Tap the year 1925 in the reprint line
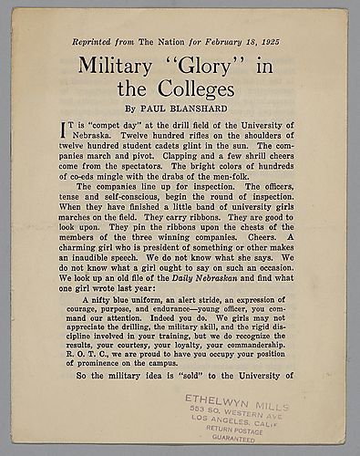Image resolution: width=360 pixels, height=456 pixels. click(278, 42)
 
